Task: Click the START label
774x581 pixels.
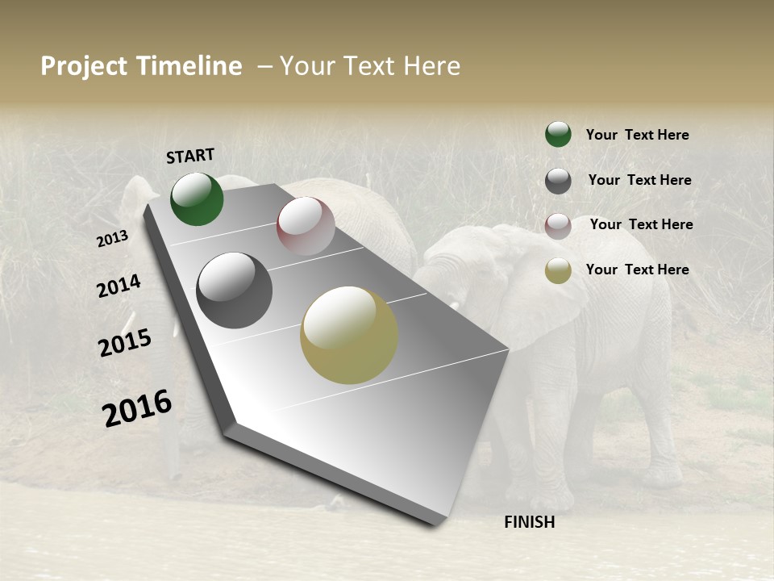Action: [x=190, y=156]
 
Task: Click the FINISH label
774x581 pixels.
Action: [x=529, y=522]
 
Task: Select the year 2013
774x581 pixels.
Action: [x=112, y=239]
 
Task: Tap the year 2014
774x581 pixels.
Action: [x=119, y=286]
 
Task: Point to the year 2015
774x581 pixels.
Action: [x=124, y=342]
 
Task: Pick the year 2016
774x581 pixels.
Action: [x=137, y=408]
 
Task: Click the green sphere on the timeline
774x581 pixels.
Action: [x=197, y=199]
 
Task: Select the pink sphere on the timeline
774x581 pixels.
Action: [x=306, y=226]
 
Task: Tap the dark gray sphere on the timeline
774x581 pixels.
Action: [x=234, y=290]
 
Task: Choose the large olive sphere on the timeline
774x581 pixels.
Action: [x=349, y=335]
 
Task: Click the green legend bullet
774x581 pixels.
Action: [x=558, y=135]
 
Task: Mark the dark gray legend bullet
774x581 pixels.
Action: [x=558, y=181]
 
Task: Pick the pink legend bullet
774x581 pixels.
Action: [x=558, y=226]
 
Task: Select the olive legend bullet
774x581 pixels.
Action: [x=558, y=270]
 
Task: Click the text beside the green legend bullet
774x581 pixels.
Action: [x=637, y=135]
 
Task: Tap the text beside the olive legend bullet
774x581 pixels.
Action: [x=637, y=270]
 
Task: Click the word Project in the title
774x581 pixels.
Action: [x=84, y=66]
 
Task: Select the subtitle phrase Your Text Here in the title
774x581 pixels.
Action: [x=370, y=66]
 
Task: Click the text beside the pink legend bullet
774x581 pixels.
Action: [x=641, y=224]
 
